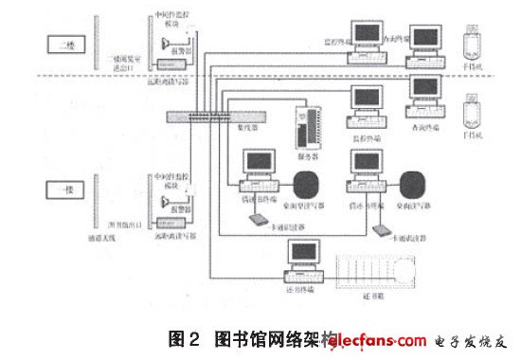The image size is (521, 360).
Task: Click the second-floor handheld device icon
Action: coord(470,44)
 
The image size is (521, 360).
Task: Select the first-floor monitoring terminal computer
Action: coord(365,101)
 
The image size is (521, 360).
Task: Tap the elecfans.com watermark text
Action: coord(379,340)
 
